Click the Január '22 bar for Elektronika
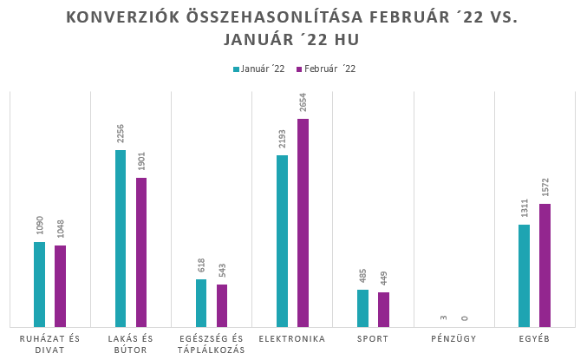(282, 240)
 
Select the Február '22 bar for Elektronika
(303, 222)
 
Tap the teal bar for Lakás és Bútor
(121, 238)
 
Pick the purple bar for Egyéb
(545, 265)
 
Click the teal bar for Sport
(362, 307)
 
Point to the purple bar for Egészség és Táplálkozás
(222, 304)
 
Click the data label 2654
(303, 102)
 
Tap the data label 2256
(121, 134)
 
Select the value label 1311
(524, 208)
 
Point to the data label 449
(383, 279)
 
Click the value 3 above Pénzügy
(443, 318)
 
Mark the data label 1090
(39, 226)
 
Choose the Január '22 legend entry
(258, 69)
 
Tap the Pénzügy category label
(453, 338)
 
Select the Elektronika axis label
(292, 338)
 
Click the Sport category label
(373, 338)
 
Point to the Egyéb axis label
(534, 338)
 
